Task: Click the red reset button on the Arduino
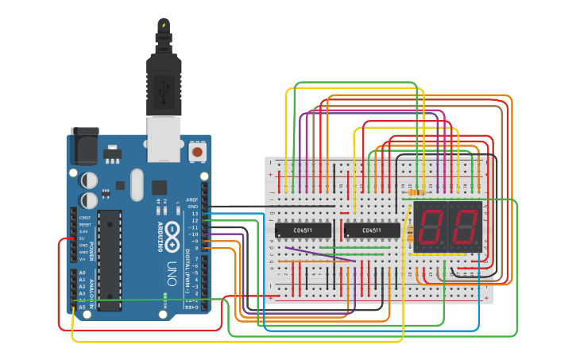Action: (x=197, y=150)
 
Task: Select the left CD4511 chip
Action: (x=303, y=230)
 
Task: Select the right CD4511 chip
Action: (x=371, y=230)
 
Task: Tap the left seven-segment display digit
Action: (x=430, y=227)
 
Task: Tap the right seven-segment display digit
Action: (x=465, y=227)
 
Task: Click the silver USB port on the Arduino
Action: (x=164, y=137)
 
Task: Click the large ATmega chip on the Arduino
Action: (x=110, y=259)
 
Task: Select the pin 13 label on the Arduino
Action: (x=193, y=214)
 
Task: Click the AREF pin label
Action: (x=191, y=199)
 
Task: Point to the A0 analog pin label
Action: (x=83, y=273)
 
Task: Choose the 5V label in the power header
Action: (x=83, y=238)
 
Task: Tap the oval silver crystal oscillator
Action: (x=136, y=185)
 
